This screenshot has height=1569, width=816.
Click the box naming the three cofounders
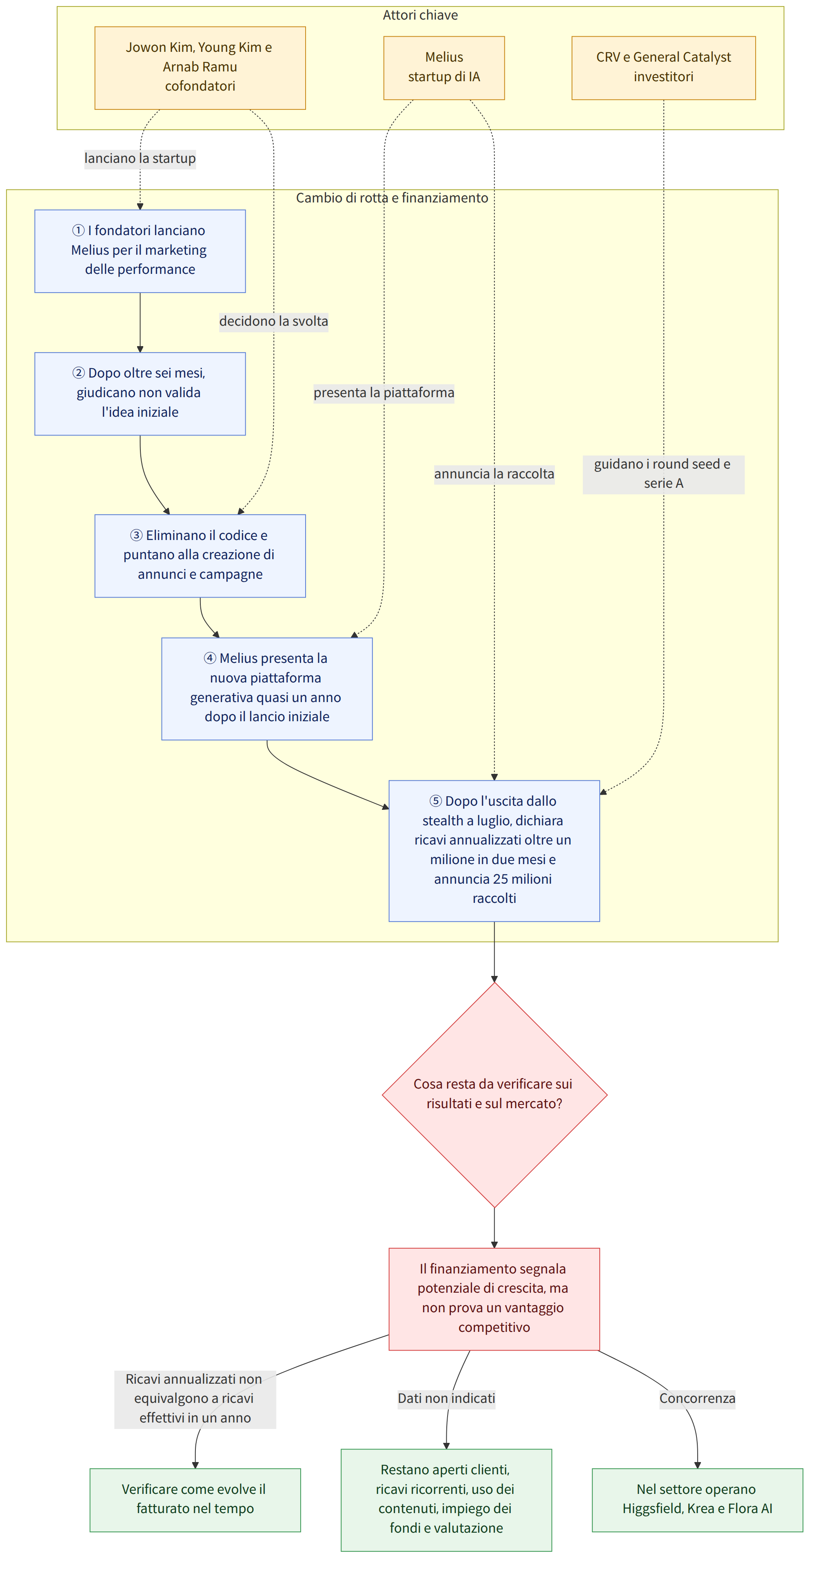pos(200,68)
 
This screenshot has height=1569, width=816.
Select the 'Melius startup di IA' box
pos(444,68)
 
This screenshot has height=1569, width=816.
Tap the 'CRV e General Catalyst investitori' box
pos(663,68)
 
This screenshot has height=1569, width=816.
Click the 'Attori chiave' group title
pos(420,15)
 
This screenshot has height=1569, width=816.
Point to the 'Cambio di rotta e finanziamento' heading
pos(392,198)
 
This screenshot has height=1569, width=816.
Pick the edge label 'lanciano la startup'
pos(140,158)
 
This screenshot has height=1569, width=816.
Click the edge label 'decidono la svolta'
pos(273,321)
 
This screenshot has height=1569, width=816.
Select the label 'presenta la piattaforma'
pos(384,392)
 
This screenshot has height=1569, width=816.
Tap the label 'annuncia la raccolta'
pos(494,474)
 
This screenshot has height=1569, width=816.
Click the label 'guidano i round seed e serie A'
pos(663,474)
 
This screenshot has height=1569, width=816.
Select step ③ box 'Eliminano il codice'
pos(200,556)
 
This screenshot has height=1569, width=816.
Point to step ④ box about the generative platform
pos(267,688)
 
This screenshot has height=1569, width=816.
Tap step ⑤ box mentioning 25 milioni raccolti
pos(494,850)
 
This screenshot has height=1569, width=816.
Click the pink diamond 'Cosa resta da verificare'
pos(494,1094)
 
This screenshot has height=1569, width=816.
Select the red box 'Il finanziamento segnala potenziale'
pos(494,1298)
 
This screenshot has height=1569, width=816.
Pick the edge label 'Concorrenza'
pos(697,1398)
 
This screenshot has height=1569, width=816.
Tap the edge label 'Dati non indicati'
pos(446,1398)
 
